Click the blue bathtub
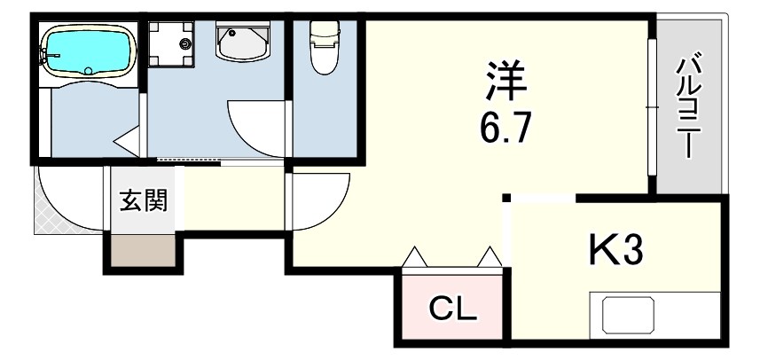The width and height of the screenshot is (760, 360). [x=88, y=51]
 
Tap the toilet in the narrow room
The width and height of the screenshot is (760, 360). [x=325, y=47]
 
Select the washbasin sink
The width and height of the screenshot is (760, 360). [x=243, y=43]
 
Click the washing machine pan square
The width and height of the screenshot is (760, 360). [x=171, y=43]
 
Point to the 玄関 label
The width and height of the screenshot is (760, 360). [x=144, y=200]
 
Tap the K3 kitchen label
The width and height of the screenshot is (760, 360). [x=615, y=251]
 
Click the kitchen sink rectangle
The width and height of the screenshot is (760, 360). [x=628, y=315]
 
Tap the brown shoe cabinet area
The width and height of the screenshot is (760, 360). [x=144, y=250]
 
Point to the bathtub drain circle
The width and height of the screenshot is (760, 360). [x=88, y=71]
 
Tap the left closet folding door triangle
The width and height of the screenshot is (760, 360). [x=415, y=257]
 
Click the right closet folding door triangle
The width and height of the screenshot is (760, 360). [x=490, y=257]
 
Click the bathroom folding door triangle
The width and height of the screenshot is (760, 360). [x=127, y=141]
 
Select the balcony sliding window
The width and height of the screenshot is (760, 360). [x=652, y=107]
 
